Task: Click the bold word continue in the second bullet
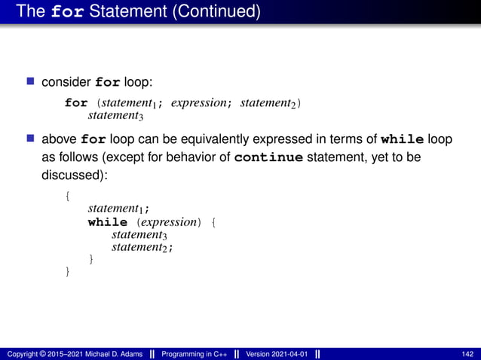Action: (x=269, y=158)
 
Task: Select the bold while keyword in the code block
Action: (x=108, y=222)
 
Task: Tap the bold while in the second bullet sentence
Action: (x=403, y=139)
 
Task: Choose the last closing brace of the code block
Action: (x=68, y=271)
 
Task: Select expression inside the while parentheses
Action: (x=169, y=222)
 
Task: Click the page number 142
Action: (x=467, y=354)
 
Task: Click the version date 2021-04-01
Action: (x=285, y=354)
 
